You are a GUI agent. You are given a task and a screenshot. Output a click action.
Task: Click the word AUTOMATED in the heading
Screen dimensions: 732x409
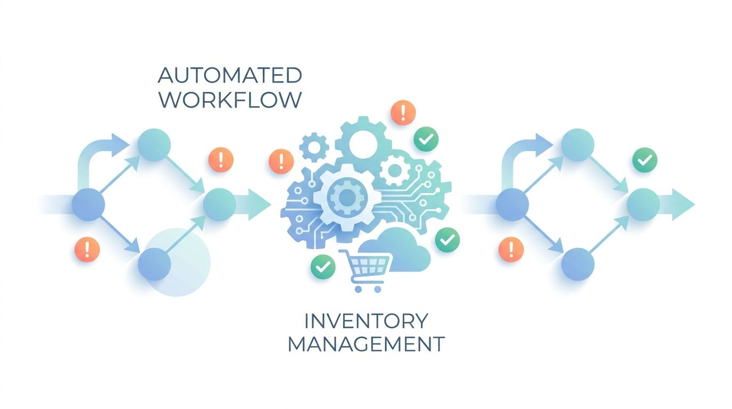point(230,75)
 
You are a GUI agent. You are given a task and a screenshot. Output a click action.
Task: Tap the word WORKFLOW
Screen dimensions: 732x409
point(230,100)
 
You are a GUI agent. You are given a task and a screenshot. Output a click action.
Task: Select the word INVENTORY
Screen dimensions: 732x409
point(366,321)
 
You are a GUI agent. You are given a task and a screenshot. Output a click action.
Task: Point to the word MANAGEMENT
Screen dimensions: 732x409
point(366,344)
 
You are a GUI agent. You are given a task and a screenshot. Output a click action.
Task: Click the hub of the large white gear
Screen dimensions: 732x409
point(347,197)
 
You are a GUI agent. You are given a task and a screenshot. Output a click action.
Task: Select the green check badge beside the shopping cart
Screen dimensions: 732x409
point(323,267)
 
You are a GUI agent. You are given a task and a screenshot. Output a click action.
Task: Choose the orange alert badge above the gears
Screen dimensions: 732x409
point(403,112)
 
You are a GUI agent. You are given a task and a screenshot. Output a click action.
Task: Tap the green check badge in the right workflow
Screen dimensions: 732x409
point(645,160)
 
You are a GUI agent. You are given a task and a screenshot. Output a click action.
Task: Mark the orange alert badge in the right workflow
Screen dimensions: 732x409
point(511,250)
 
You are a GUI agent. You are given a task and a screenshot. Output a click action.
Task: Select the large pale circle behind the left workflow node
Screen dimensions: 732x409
point(177,263)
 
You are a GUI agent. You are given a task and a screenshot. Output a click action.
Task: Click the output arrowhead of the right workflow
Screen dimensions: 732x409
point(683,204)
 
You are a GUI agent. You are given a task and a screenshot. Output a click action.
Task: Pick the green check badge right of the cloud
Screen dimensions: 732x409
point(447,240)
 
